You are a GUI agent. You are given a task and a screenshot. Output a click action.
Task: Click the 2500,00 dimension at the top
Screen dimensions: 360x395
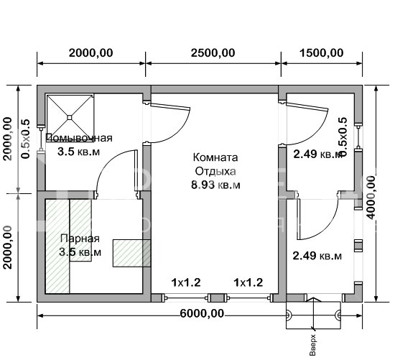(213, 52)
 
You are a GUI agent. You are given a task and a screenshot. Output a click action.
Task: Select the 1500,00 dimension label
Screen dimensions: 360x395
(319, 52)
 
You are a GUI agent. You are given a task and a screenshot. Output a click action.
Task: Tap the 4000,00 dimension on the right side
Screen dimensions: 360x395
(371, 193)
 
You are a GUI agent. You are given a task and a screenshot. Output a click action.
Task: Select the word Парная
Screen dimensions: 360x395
(80, 239)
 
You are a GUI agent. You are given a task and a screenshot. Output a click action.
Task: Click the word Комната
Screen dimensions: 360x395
(215, 157)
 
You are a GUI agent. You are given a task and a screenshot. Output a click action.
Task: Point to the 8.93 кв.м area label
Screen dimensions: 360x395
(215, 185)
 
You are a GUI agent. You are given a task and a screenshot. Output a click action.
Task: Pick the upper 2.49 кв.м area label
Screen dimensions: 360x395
(316, 154)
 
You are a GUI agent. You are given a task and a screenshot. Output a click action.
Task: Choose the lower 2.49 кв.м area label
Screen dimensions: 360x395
(316, 255)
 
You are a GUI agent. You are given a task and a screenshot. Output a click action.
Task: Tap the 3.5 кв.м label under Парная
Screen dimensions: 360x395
(80, 252)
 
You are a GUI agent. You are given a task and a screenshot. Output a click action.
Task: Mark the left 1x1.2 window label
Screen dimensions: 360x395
(184, 282)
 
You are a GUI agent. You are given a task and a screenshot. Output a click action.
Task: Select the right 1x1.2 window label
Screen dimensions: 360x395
(248, 282)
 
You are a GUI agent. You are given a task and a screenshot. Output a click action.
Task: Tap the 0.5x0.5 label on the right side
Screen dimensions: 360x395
(343, 137)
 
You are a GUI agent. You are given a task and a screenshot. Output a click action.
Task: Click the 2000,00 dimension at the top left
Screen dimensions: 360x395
(91, 52)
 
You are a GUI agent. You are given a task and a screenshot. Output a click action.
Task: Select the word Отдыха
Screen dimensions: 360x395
(215, 171)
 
